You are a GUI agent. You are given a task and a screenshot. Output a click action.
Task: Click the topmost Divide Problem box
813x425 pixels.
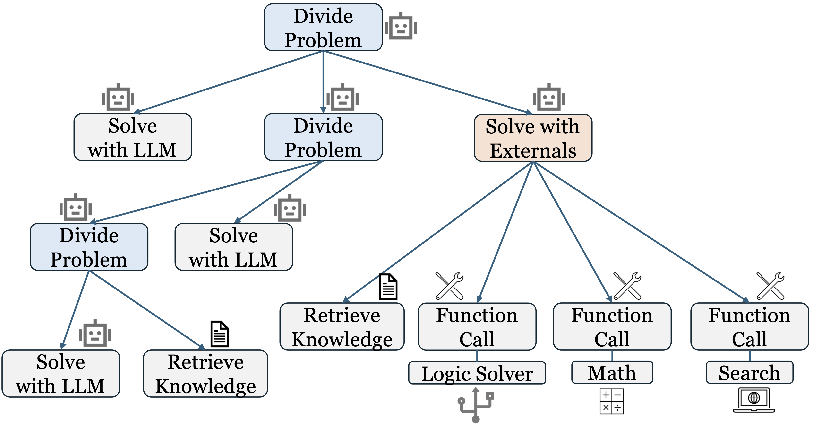coord(323,27)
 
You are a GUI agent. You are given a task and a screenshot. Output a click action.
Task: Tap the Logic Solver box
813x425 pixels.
coord(477,373)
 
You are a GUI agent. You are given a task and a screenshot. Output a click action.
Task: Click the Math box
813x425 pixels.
coord(612,372)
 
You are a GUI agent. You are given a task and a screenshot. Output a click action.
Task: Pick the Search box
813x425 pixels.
coord(749,372)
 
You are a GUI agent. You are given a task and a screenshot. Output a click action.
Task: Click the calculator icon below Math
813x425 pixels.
coord(611,401)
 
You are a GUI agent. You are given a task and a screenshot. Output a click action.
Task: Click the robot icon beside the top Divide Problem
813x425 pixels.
coord(401,27)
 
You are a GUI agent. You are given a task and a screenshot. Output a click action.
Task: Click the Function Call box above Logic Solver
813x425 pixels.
coord(477,327)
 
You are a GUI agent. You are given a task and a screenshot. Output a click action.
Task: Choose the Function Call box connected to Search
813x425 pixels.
coord(749,327)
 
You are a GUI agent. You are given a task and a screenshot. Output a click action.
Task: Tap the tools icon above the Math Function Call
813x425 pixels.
coord(627,286)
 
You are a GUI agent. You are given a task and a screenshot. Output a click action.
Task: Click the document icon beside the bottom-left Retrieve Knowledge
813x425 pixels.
coord(219,334)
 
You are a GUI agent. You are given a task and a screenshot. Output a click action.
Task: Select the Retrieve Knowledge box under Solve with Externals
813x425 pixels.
coord(342,327)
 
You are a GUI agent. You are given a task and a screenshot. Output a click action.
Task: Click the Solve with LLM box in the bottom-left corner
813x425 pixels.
coord(60,373)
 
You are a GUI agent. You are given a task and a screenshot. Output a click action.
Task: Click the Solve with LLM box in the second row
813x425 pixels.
coord(133,137)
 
